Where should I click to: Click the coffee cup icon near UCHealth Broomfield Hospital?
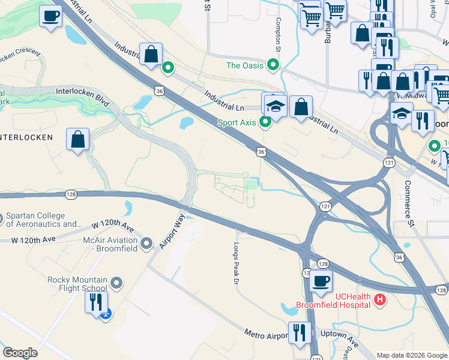pyautogui.click(x=321, y=281)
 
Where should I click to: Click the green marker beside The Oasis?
pyautogui.click(x=274, y=64)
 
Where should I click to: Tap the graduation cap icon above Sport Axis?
pyautogui.click(x=275, y=106)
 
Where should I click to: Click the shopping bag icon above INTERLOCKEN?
pyautogui.click(x=78, y=140)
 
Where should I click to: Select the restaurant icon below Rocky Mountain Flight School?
pyautogui.click(x=96, y=302)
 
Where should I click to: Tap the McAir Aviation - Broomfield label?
pyautogui.click(x=110, y=244)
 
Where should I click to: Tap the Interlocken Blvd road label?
pyautogui.click(x=82, y=97)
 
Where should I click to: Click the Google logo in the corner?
pyautogui.click(x=20, y=353)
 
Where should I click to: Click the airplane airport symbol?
pyautogui.click(x=106, y=313)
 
